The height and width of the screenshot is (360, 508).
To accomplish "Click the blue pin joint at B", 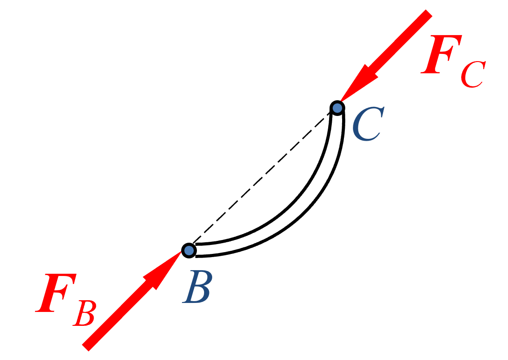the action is [x=189, y=250].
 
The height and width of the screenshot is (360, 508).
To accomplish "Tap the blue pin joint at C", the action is [x=337, y=108].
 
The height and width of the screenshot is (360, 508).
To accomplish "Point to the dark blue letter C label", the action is [x=368, y=124].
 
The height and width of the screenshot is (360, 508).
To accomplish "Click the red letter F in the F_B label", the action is [x=56, y=293].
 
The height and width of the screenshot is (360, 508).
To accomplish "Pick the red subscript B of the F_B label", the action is [x=85, y=313].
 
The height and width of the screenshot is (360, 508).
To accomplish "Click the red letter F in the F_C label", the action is [x=441, y=54].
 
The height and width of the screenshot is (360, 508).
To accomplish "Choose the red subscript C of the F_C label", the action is [x=473, y=74].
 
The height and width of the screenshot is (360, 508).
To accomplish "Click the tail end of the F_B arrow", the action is [x=85, y=348].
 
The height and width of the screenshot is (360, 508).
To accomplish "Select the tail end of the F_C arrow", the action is [x=429, y=13].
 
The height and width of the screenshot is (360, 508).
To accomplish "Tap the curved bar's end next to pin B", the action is [x=196, y=250].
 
